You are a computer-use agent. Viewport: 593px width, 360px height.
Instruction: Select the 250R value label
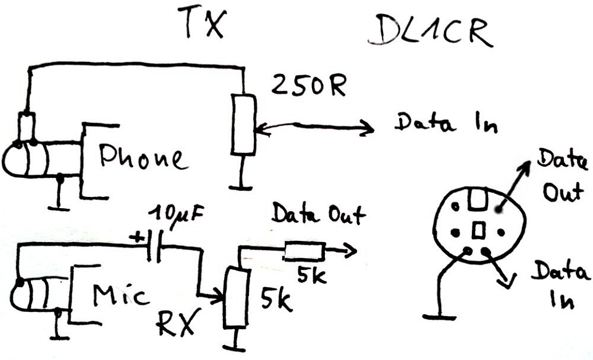[x=308, y=88]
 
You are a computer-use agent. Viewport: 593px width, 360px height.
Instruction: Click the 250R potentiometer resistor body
[x=243, y=124]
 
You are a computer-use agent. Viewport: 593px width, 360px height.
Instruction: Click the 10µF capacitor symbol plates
[x=156, y=247]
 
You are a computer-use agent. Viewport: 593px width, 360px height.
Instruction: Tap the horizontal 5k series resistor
[x=303, y=251]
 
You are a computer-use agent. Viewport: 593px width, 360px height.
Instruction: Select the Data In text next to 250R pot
[x=445, y=123]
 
